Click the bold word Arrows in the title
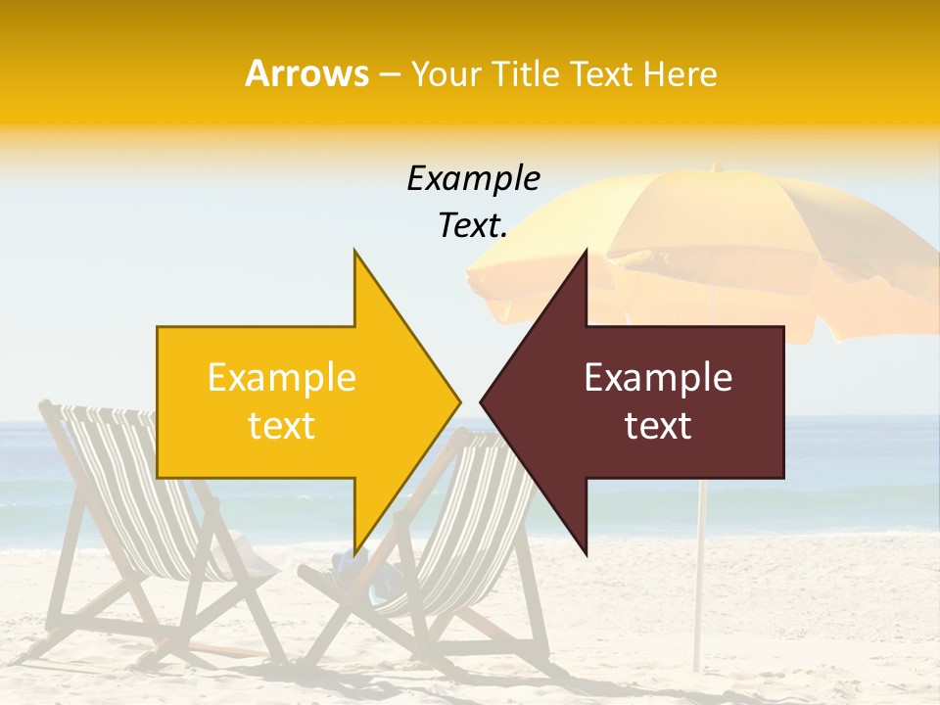[306, 73]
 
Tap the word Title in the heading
[525, 73]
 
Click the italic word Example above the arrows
[473, 178]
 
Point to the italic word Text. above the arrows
[473, 226]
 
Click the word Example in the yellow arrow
[281, 377]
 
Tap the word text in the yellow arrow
[281, 426]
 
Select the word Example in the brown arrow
[658, 377]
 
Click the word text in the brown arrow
[658, 426]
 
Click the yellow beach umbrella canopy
[685, 235]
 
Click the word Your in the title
[446, 73]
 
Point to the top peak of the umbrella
[716, 166]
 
